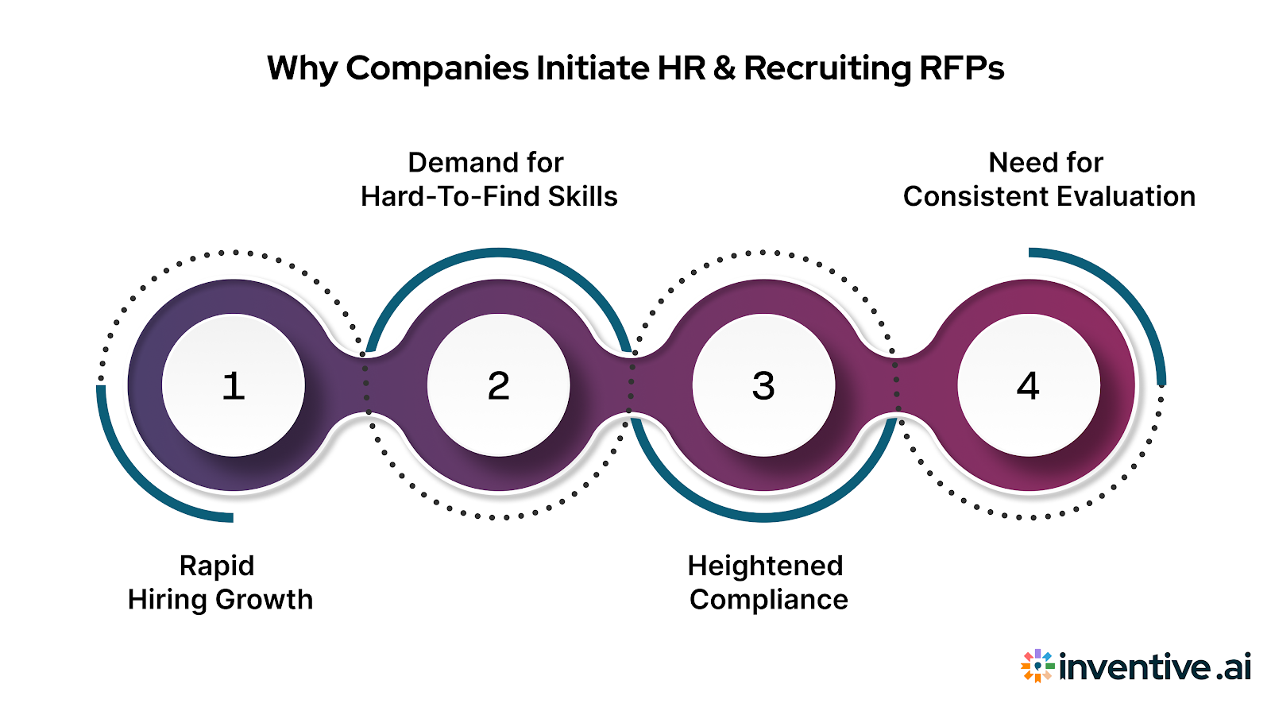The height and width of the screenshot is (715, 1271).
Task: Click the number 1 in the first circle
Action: pyautogui.click(x=233, y=386)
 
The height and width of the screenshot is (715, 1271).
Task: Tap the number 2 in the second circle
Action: pyautogui.click(x=498, y=386)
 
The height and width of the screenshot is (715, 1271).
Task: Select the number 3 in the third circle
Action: pyautogui.click(x=763, y=386)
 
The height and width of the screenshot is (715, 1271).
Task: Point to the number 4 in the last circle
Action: pyautogui.click(x=1028, y=386)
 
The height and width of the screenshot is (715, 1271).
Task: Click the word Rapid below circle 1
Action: pyautogui.click(x=217, y=566)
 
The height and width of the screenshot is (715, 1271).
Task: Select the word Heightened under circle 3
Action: pyautogui.click(x=765, y=566)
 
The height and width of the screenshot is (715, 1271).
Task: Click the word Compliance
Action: pyautogui.click(x=768, y=600)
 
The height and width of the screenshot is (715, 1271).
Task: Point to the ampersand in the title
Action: pyautogui.click(x=724, y=69)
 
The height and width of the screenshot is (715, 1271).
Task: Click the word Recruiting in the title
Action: pyautogui.click(x=827, y=69)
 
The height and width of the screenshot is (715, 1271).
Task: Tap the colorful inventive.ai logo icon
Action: pyautogui.click(x=1037, y=666)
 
